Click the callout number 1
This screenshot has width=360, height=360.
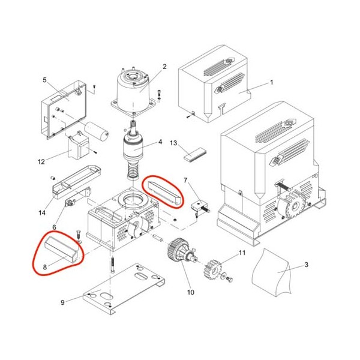click(x=272, y=82)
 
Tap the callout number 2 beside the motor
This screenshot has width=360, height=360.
click(x=164, y=67)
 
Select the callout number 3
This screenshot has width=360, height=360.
click(x=306, y=265)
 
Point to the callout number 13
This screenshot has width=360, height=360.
click(x=173, y=143)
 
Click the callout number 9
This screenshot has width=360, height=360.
click(x=62, y=302)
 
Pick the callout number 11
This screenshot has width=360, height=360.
click(x=242, y=253)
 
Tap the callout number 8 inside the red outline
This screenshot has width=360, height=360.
click(x=45, y=267)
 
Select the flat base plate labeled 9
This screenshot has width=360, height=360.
click(x=124, y=289)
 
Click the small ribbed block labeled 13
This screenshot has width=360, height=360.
click(x=195, y=154)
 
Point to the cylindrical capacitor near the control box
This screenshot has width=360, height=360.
click(x=97, y=131)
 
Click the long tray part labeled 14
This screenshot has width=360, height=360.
click(x=77, y=182)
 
